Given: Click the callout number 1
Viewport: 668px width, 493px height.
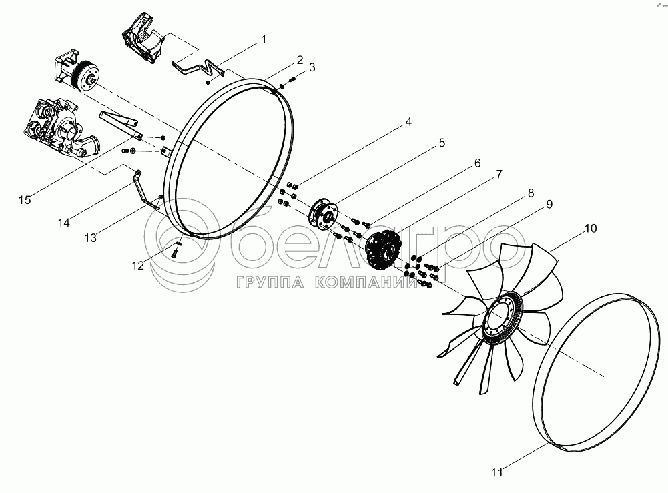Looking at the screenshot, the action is tap(264, 39).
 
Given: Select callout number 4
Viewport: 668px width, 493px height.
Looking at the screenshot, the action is tap(408, 122).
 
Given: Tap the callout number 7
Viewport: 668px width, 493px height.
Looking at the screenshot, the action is tap(499, 175).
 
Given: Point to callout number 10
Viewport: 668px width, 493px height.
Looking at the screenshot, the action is tap(591, 229).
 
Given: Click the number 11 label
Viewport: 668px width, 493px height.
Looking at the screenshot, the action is tap(497, 472).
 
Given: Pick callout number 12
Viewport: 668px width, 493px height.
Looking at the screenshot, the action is tap(138, 266).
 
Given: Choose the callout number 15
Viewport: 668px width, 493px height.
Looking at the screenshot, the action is tap(25, 199).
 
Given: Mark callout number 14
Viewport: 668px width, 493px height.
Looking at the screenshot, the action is tap(64, 222).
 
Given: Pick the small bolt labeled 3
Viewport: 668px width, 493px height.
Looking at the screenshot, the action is tap(292, 79).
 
